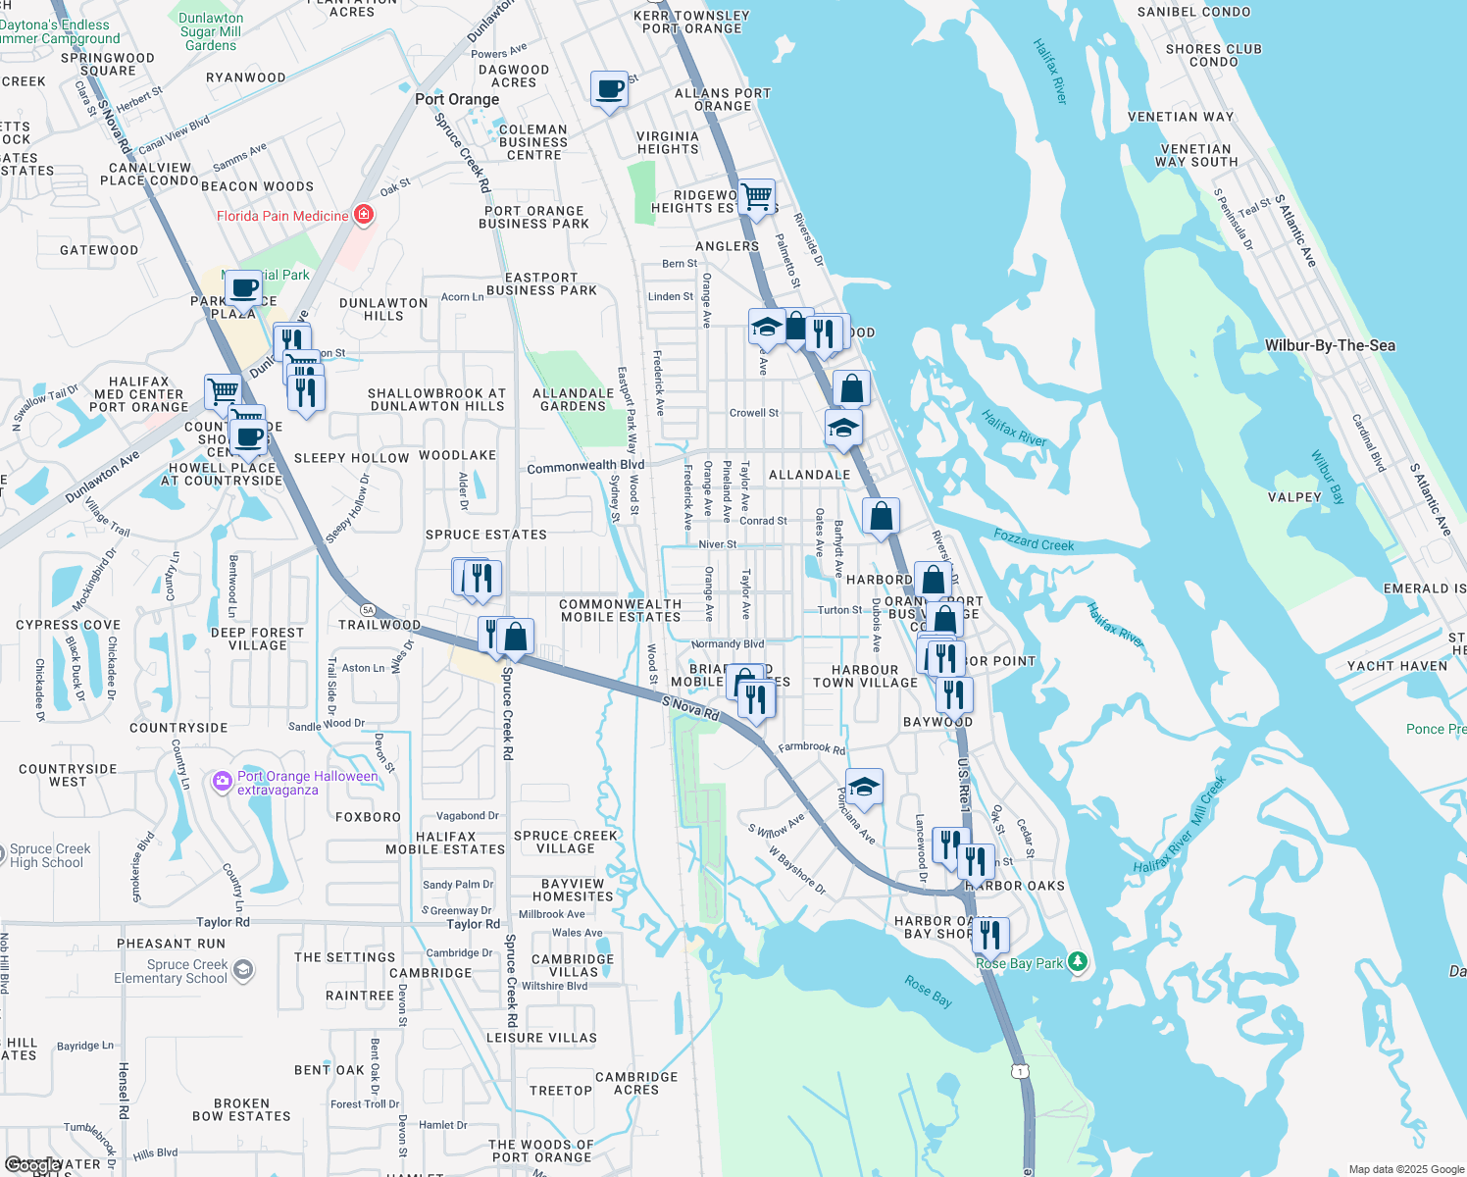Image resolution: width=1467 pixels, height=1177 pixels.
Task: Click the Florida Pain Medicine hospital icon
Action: tap(363, 215)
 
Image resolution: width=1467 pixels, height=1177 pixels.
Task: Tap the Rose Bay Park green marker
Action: tap(1078, 961)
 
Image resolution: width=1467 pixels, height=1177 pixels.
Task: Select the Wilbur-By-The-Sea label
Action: tap(1329, 345)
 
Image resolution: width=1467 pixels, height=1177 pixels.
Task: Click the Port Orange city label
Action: tap(457, 99)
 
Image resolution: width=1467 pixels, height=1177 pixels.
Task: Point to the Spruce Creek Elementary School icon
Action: tap(243, 971)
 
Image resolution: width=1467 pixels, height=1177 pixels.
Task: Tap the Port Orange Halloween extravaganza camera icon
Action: tap(223, 782)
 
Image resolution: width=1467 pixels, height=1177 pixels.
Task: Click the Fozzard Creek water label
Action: tap(1034, 539)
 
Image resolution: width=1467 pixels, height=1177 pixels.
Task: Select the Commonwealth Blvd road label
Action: tap(585, 467)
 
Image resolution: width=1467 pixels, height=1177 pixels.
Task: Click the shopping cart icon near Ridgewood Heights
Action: tap(756, 197)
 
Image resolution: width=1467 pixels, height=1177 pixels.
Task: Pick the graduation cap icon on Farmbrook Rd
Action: tap(863, 787)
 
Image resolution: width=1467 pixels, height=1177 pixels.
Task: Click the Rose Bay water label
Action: tap(928, 991)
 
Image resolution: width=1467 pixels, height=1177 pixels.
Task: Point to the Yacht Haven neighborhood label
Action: tap(1396, 666)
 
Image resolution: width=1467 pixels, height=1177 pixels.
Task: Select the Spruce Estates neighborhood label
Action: tap(485, 535)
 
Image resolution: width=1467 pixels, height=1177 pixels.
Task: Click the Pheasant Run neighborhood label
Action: tap(171, 944)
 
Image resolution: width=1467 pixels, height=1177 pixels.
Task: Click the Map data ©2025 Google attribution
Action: tap(1405, 1169)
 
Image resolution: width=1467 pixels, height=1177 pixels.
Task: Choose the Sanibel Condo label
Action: tap(1193, 12)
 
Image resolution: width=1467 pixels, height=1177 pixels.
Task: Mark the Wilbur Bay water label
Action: tap(1327, 477)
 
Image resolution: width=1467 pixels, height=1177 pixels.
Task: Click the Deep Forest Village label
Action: tap(257, 639)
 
